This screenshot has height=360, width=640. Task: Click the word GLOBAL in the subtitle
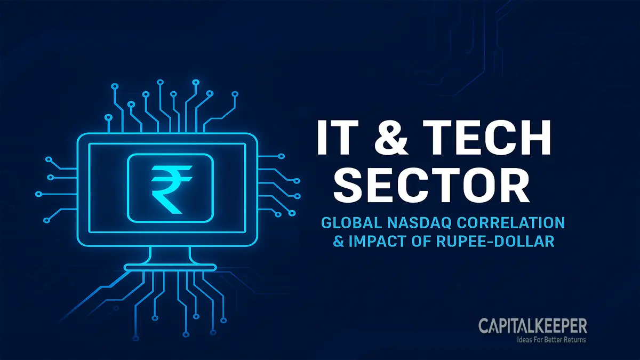pos(346,222)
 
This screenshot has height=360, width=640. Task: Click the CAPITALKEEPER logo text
pos(532,325)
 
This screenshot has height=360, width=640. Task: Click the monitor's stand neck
pos(165,254)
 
